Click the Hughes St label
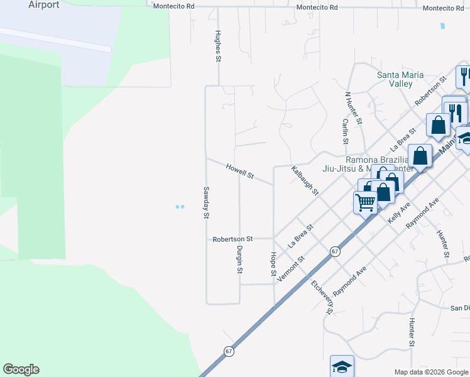click(219, 46)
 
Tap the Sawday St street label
click(205, 202)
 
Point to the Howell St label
click(239, 171)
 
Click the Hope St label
click(273, 265)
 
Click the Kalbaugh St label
click(305, 181)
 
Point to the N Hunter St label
click(353, 107)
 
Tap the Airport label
click(44, 5)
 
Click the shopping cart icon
click(365, 202)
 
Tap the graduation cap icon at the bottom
click(342, 366)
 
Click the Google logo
click(21, 369)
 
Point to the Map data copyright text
click(430, 372)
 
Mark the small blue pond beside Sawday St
click(180, 207)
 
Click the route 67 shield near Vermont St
click(336, 251)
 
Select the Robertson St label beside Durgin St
click(232, 239)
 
